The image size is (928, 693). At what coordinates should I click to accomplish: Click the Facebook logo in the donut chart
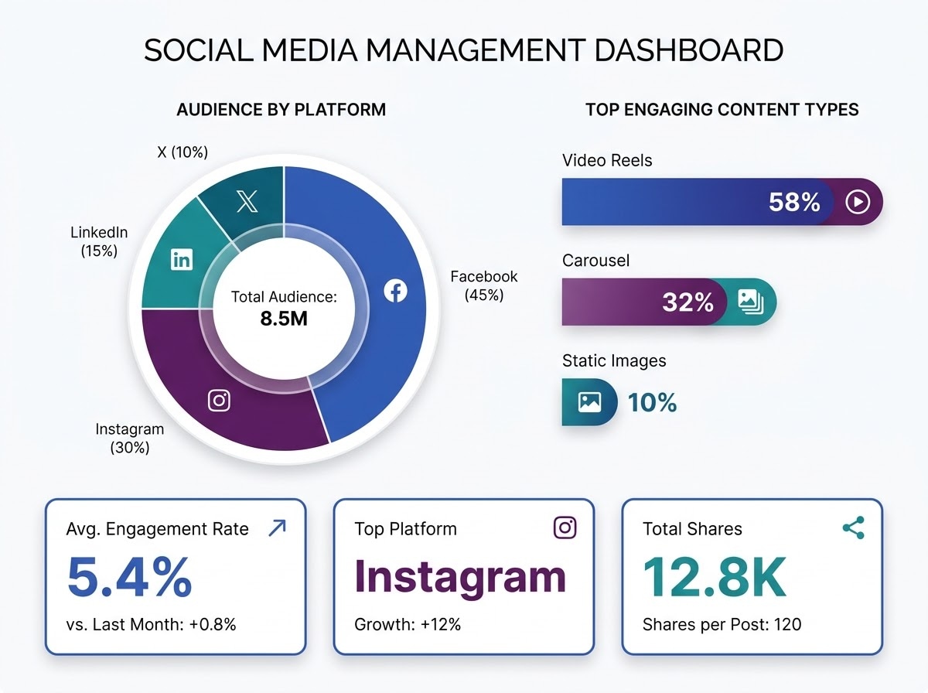click(396, 291)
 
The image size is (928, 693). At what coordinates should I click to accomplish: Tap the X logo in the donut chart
click(247, 201)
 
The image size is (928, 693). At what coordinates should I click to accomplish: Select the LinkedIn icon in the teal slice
click(182, 260)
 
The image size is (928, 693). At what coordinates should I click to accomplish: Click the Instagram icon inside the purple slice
click(219, 401)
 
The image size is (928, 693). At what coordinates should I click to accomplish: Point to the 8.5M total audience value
click(284, 319)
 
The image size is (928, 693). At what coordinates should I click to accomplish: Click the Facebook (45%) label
click(483, 286)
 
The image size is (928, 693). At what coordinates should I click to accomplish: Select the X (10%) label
click(183, 152)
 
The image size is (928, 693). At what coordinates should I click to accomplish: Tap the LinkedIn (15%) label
click(99, 242)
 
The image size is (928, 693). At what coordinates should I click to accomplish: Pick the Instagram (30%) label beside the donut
click(130, 438)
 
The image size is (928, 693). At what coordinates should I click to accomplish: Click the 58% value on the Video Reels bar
click(794, 202)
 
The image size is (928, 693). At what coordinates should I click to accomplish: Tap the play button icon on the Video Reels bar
click(858, 202)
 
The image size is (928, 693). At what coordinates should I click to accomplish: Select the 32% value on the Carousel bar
click(687, 302)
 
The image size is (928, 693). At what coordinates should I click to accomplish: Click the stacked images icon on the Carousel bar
click(751, 302)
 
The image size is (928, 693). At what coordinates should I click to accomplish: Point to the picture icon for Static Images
click(589, 401)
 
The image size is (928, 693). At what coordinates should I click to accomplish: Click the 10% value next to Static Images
click(653, 402)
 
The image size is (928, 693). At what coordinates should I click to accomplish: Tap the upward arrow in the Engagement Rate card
click(278, 528)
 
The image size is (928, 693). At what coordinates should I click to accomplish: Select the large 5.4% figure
click(129, 577)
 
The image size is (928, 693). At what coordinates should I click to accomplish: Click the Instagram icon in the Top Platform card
click(565, 527)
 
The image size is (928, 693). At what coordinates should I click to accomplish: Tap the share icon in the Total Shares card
click(854, 527)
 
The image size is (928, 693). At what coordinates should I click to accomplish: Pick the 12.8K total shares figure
click(715, 577)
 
